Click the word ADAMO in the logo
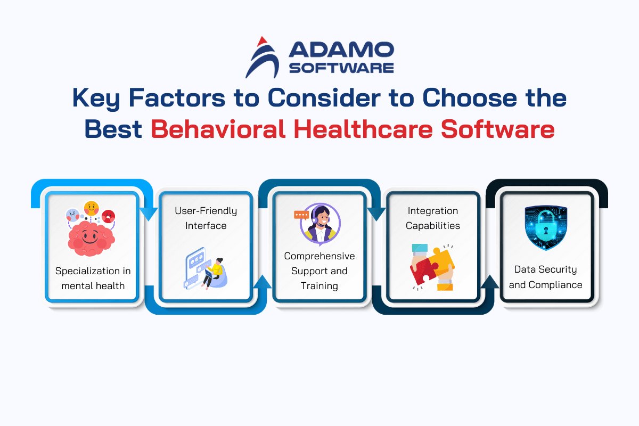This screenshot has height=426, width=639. [341, 50]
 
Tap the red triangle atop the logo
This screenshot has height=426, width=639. [261, 41]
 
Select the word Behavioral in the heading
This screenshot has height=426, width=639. [218, 129]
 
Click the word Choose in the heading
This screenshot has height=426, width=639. [470, 98]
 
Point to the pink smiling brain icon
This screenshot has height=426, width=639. [91, 239]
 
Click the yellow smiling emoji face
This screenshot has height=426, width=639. [91, 208]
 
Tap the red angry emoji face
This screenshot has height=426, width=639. [109, 216]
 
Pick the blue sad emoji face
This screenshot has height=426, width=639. [73, 215]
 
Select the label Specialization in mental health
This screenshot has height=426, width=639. [93, 278]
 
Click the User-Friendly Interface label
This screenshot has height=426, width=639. [206, 218]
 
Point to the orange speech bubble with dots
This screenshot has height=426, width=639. [301, 215]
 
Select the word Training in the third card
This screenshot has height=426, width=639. [319, 286]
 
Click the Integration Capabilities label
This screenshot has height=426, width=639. [433, 218]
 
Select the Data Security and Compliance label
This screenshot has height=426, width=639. [545, 277]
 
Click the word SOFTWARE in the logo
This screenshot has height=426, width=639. [341, 68]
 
